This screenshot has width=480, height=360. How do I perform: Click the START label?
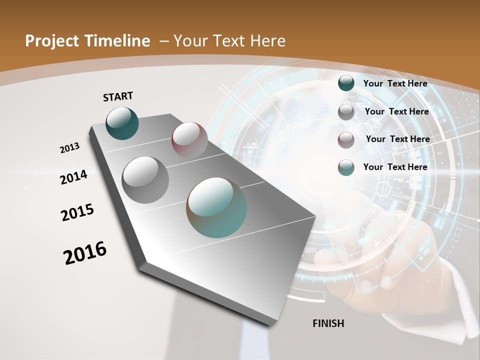(118, 96)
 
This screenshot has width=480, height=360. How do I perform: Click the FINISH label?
(328, 323)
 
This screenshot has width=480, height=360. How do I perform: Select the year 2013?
(70, 148)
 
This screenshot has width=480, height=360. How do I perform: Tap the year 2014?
(74, 177)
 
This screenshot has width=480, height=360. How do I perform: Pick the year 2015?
(77, 212)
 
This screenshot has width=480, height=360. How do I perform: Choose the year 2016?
(85, 253)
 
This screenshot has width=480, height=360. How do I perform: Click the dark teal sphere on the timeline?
(122, 123)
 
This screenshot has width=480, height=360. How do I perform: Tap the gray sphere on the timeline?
(145, 179)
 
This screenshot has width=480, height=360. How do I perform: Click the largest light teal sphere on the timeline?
(216, 207)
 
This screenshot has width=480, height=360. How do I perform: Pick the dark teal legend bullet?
(346, 83)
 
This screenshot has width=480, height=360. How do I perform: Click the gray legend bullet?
(346, 112)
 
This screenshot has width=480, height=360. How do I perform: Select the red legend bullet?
(346, 140)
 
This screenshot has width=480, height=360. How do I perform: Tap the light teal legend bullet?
(346, 167)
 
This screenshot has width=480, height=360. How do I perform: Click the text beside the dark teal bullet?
(395, 83)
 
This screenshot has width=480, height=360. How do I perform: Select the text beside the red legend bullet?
(397, 139)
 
